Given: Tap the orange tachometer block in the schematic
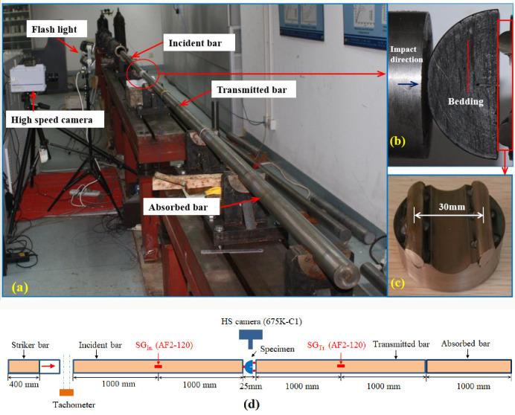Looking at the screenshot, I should [x=65, y=393].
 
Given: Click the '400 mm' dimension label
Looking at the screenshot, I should [x=24, y=387].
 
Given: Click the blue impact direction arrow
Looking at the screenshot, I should [x=404, y=86].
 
